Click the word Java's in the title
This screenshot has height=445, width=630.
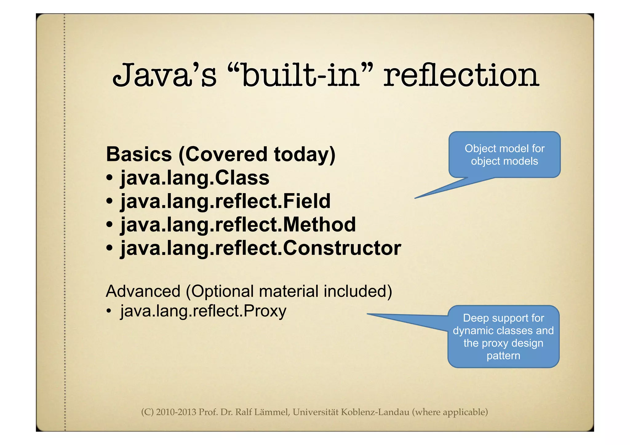click(x=164, y=75)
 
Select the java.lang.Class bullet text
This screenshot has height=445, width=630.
click(x=194, y=178)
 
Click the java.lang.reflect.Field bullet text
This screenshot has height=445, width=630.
click(x=225, y=201)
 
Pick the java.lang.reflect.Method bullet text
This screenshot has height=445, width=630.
click(x=238, y=224)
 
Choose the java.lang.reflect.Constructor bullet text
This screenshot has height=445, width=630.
click(x=261, y=248)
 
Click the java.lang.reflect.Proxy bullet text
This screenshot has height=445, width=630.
click(x=203, y=311)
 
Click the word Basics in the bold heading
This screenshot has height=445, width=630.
click(x=139, y=154)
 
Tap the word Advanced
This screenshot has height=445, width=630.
click(x=143, y=291)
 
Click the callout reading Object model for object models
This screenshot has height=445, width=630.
click(x=504, y=155)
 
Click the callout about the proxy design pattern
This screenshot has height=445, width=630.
click(x=503, y=336)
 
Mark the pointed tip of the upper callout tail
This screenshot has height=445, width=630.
click(x=415, y=198)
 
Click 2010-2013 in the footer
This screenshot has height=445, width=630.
click(x=176, y=412)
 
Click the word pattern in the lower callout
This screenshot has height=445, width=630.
click(x=503, y=356)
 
